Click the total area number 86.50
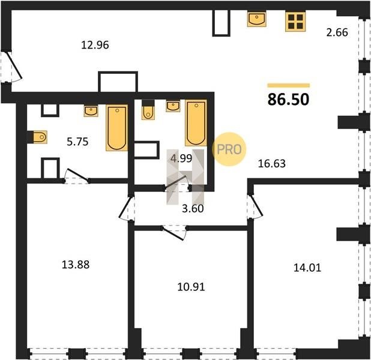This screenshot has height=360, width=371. [288, 100]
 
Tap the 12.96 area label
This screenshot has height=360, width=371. [95, 45]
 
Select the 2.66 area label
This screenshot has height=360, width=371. [337, 32]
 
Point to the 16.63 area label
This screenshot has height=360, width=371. [271, 163]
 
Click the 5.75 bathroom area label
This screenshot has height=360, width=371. [77, 142]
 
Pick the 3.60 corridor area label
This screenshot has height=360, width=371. [193, 208]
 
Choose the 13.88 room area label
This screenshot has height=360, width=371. [76, 265]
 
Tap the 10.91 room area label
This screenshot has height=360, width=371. [191, 287]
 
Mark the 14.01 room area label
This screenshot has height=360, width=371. [307, 268]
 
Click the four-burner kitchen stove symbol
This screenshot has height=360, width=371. [295, 21]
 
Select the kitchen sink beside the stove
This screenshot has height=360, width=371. [257, 19]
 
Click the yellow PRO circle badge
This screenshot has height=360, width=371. [229, 149]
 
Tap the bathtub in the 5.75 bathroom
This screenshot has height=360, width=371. [117, 128]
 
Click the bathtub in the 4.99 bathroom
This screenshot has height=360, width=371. [196, 122]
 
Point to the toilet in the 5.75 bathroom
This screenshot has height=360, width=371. [37, 137]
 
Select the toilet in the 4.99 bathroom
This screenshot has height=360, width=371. [148, 110]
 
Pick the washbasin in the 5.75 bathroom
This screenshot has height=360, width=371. [91, 111]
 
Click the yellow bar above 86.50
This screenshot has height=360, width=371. [289, 85]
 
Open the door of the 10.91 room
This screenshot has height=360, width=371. [173, 233]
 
